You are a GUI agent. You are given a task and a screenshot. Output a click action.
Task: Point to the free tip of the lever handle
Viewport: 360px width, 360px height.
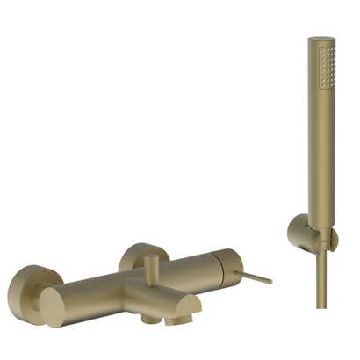pyautogui.click(x=269, y=282)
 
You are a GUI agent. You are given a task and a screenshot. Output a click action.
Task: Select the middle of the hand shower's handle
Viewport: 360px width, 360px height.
pyautogui.click(x=321, y=149)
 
